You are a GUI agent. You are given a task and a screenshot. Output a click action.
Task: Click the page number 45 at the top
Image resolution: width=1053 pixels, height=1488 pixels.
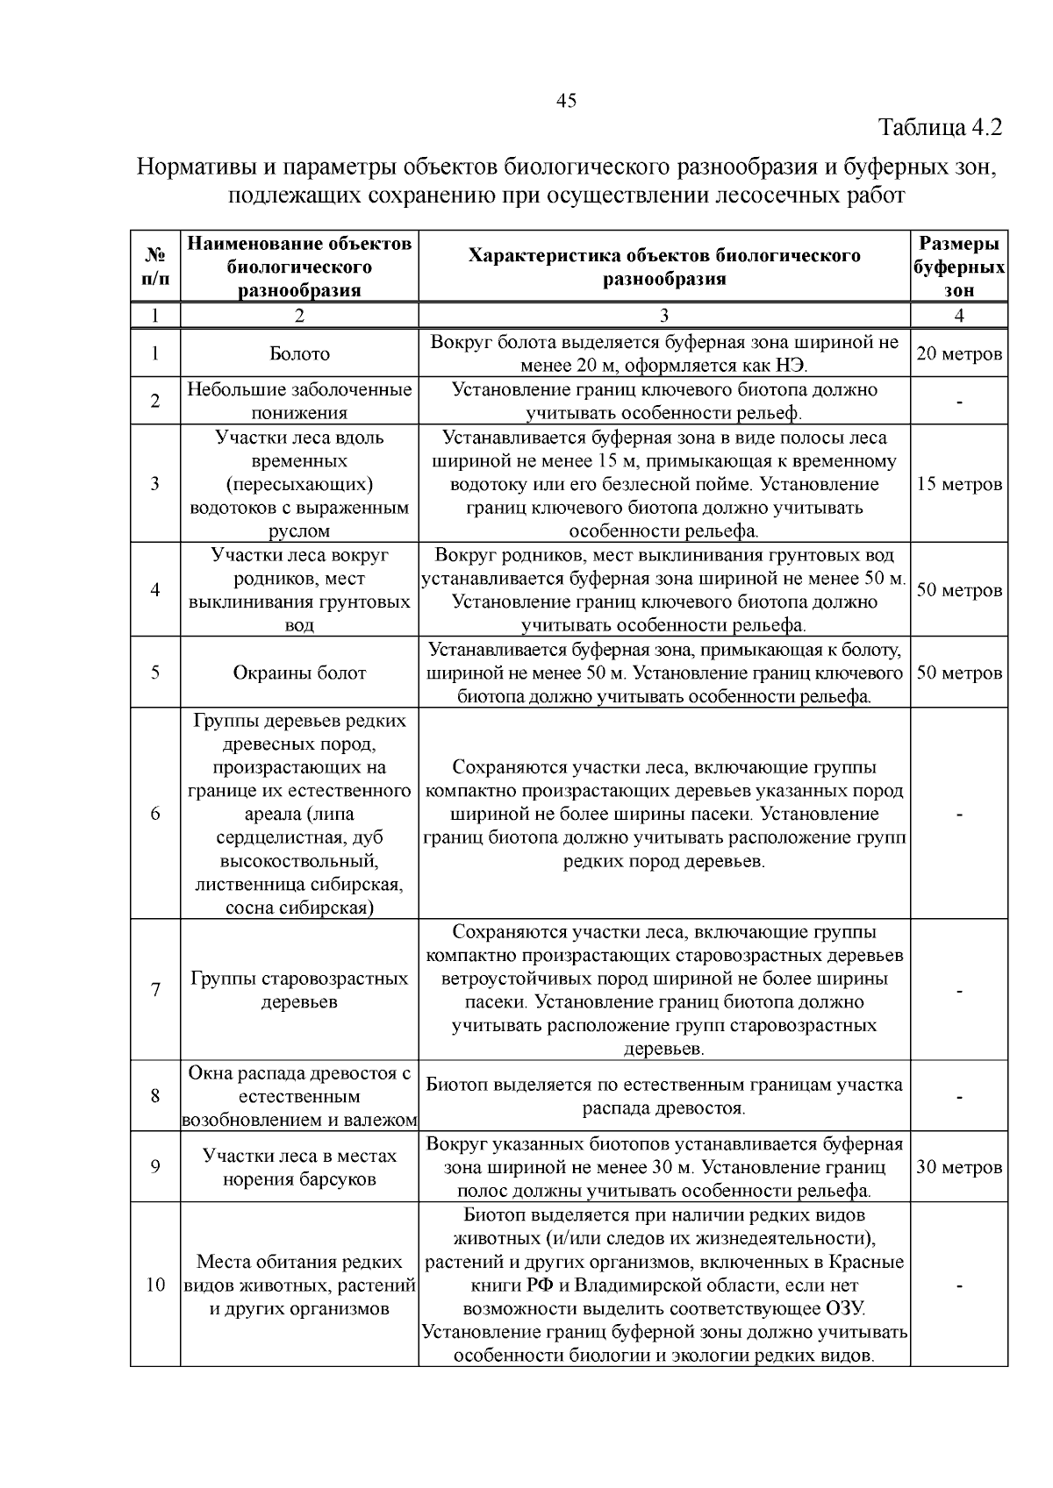point(566,101)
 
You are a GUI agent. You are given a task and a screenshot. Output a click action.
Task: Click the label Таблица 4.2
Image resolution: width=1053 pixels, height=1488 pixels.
point(940,128)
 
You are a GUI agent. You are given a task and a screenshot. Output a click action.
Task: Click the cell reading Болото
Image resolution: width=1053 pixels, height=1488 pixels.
point(299,354)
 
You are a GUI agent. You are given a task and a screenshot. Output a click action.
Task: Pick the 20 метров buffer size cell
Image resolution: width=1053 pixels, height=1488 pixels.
point(959,354)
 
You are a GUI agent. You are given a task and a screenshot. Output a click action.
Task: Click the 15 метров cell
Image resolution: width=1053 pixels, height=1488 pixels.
point(959,484)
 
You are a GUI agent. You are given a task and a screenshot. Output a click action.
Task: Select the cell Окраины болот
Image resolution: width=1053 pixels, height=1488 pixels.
point(299,673)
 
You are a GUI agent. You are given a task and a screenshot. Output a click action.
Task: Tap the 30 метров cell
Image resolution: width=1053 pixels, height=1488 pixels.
point(959,1168)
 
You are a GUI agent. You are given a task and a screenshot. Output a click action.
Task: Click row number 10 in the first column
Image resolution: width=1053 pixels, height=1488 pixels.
point(155,1285)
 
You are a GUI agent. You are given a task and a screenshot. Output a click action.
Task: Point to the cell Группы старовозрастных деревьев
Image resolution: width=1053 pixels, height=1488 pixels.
point(299,990)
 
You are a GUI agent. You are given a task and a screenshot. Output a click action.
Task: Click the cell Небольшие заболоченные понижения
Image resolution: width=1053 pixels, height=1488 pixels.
point(299,401)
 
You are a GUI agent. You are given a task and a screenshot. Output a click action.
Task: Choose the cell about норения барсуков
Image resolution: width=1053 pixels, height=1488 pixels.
point(299,1168)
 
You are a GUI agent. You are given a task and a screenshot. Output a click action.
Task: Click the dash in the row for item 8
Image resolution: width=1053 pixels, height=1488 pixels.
point(959,1097)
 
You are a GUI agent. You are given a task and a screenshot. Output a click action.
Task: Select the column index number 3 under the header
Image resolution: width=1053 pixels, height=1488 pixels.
point(664,316)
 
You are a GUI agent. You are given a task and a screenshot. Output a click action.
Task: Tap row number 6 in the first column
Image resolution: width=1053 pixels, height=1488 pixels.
point(155,814)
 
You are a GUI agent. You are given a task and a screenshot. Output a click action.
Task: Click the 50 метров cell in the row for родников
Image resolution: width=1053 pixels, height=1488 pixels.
point(959,590)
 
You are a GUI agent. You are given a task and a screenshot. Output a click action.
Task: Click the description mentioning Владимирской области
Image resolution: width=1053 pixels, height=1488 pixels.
point(664,1285)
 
